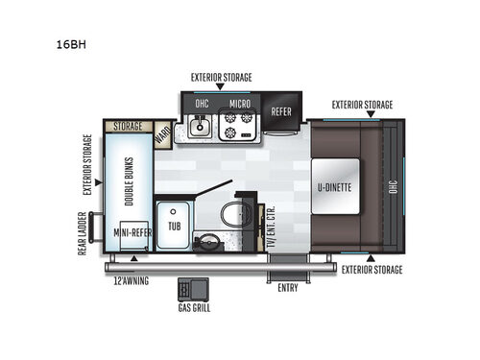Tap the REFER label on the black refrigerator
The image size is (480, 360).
[281, 111]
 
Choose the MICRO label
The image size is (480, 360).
[241, 104]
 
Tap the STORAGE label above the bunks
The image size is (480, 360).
[128, 126]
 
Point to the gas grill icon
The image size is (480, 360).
[187, 290]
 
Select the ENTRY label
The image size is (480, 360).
[287, 287]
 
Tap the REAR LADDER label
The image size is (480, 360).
[83, 233]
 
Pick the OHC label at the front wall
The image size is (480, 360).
[392, 187]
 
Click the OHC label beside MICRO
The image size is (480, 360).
[203, 104]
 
